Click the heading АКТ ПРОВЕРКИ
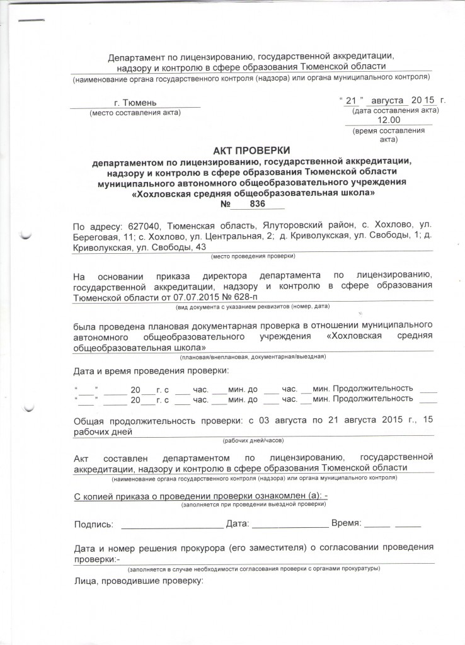tap(250, 151)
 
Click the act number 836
tap(256, 204)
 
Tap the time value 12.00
tap(388, 120)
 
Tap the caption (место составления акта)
tap(135, 113)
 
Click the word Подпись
tap(94, 524)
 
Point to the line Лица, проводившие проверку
tap(139, 581)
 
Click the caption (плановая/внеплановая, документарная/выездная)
tap(253, 357)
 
